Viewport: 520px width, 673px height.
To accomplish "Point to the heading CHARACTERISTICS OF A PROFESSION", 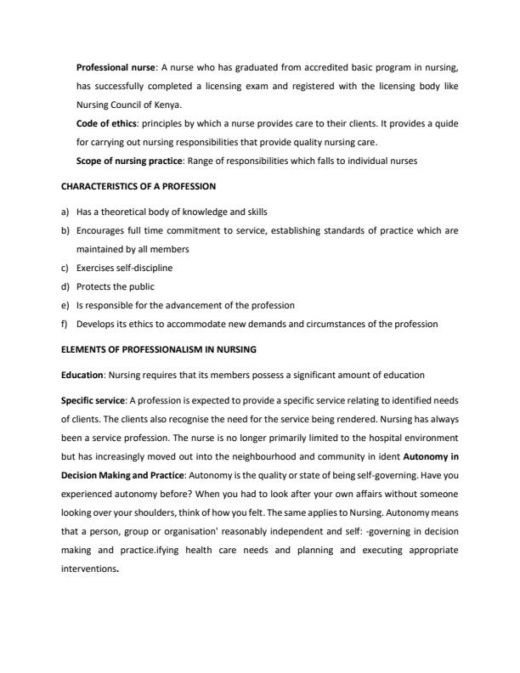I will tap(137, 185).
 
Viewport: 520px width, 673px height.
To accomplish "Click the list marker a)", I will tap(63, 211).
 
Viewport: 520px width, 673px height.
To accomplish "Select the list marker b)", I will tap(63, 229).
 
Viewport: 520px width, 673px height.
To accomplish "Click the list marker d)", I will tap(63, 286).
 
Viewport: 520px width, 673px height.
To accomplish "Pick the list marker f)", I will tap(63, 324).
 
